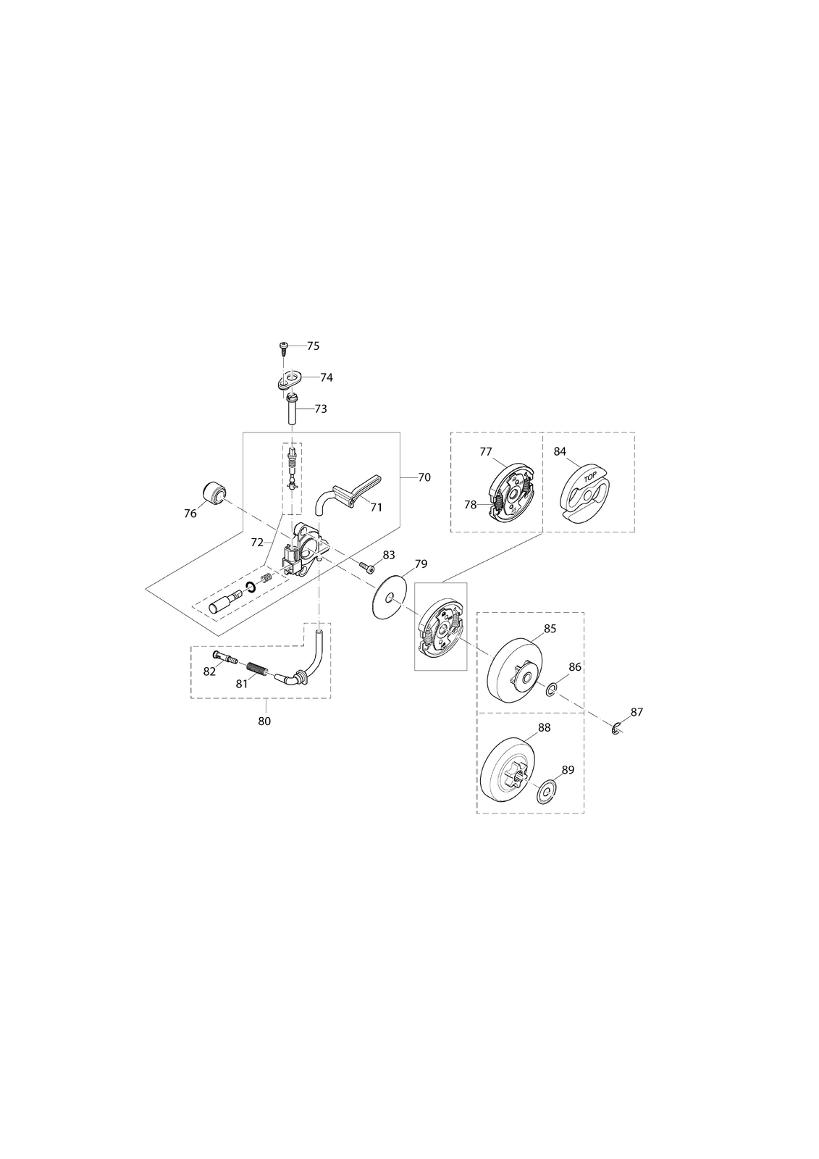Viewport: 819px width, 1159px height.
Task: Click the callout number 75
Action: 313,346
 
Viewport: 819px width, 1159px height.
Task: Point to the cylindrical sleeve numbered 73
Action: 293,409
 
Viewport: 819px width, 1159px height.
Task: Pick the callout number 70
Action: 424,477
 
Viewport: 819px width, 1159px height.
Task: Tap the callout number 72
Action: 257,543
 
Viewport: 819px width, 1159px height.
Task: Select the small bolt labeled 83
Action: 367,568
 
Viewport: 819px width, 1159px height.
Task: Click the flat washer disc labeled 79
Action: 390,598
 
